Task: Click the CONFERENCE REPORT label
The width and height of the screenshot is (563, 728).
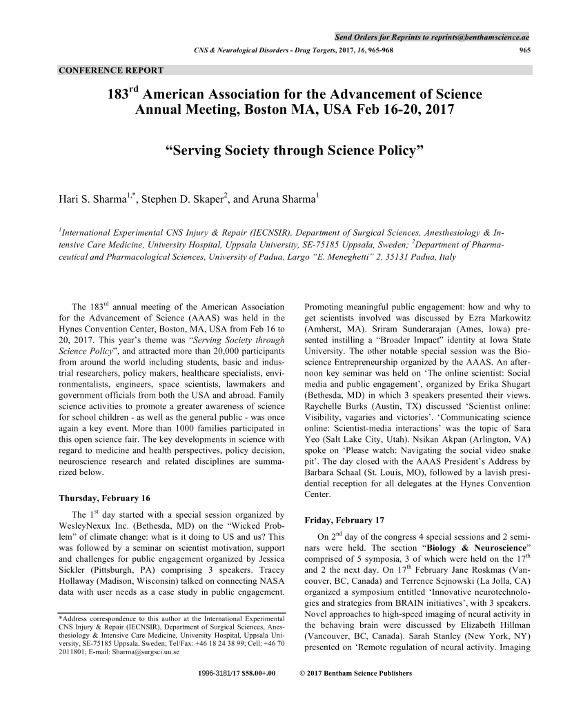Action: pyautogui.click(x=111, y=70)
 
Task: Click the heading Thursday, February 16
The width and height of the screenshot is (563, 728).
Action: pyautogui.click(x=105, y=498)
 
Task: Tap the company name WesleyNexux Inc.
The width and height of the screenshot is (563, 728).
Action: pyautogui.click(x=101, y=526)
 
